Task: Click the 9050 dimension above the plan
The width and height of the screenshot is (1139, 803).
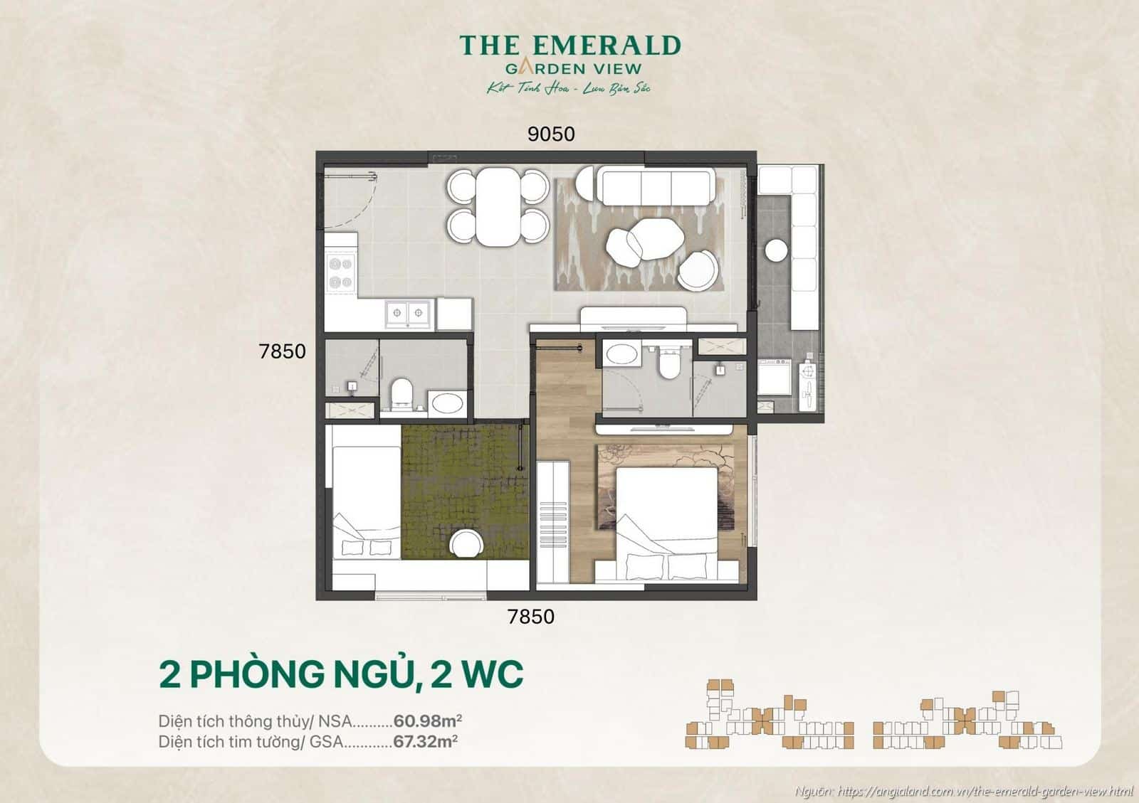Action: tap(550, 134)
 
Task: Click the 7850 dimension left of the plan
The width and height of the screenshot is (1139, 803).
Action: tap(283, 351)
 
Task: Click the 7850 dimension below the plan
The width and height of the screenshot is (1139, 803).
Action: tap(530, 617)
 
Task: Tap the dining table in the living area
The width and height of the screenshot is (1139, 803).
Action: tap(498, 206)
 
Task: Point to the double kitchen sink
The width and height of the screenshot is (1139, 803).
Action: tap(409, 313)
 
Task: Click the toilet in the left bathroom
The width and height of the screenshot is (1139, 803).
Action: tap(402, 393)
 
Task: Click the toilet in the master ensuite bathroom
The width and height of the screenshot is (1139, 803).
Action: tap(668, 363)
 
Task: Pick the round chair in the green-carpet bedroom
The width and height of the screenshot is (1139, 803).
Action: tap(467, 544)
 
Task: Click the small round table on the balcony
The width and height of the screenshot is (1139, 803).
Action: tap(775, 250)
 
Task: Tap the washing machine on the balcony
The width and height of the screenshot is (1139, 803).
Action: tap(774, 377)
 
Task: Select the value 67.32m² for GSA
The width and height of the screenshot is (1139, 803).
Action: tap(425, 742)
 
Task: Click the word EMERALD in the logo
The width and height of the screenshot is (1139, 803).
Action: tap(607, 46)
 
